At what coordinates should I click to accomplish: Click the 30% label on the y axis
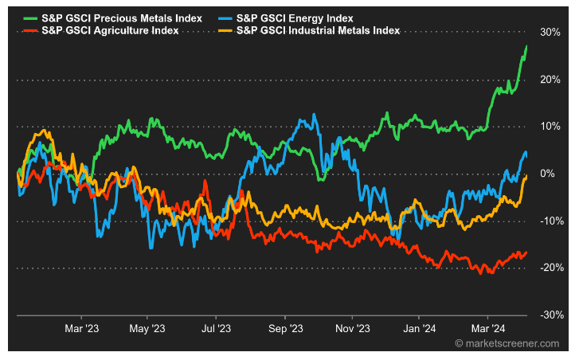(549, 33)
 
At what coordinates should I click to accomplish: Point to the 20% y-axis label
(549, 80)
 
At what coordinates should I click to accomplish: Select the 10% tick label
(549, 127)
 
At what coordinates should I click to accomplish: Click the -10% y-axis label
(547, 221)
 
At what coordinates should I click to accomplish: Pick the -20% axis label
(547, 268)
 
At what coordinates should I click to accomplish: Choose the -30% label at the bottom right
(547, 315)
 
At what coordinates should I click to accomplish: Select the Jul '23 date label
(216, 327)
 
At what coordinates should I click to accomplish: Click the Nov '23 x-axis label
(353, 327)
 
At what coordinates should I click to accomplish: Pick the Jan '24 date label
(420, 327)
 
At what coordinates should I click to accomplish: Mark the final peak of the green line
(526, 46)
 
